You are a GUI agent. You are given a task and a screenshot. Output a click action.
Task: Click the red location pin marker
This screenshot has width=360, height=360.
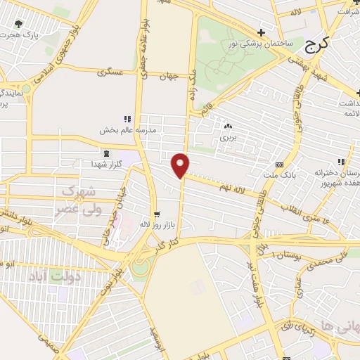181,165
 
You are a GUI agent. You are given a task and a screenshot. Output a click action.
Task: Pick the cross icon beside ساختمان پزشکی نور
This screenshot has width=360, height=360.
261,32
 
